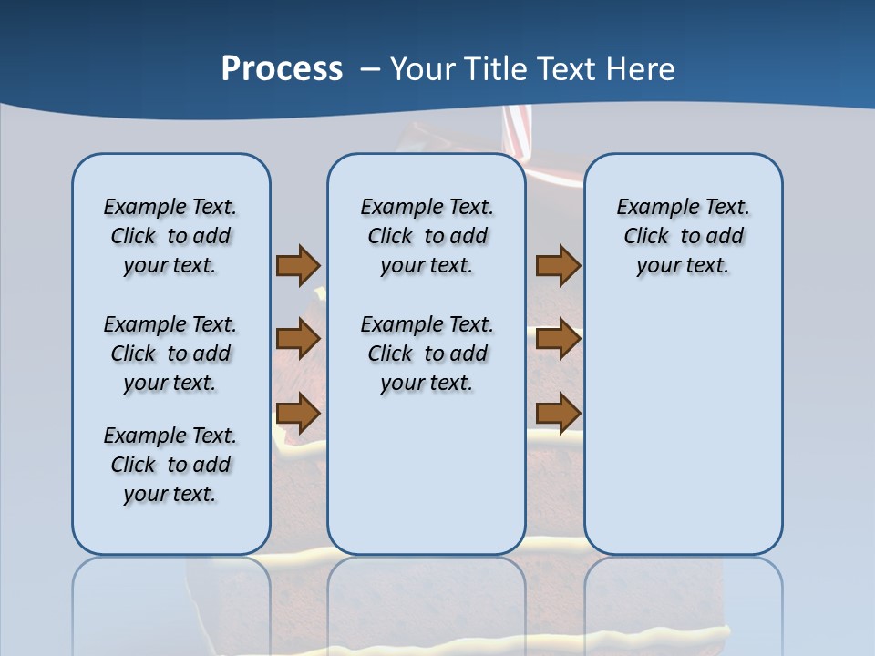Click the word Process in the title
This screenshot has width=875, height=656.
coord(282,69)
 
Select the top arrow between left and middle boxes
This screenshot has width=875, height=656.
coord(298,265)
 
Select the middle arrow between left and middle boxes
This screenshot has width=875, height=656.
coord(298,339)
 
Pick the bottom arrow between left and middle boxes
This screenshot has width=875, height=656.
coord(298,413)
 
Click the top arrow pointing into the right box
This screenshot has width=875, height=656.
coord(558,265)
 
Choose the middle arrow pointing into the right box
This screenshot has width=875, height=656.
coord(558,339)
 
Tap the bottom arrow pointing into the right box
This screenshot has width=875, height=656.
coord(558,413)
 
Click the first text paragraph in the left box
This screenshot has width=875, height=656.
coord(170,236)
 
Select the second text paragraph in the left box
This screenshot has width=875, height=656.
coord(170,354)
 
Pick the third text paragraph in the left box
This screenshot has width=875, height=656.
coord(170,465)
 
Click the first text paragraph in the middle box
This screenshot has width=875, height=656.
coord(427,236)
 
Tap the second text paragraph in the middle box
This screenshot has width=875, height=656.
coord(427,354)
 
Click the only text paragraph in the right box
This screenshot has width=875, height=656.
coord(684,236)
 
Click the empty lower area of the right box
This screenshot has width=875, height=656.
coord(684,437)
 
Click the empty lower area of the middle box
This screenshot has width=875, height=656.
coord(427,474)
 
